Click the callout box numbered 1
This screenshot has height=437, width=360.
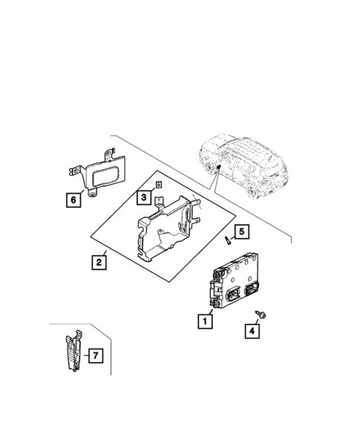pos(203,321)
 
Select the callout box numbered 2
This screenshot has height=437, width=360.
pos(97,261)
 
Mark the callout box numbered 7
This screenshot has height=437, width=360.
pos(94,356)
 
